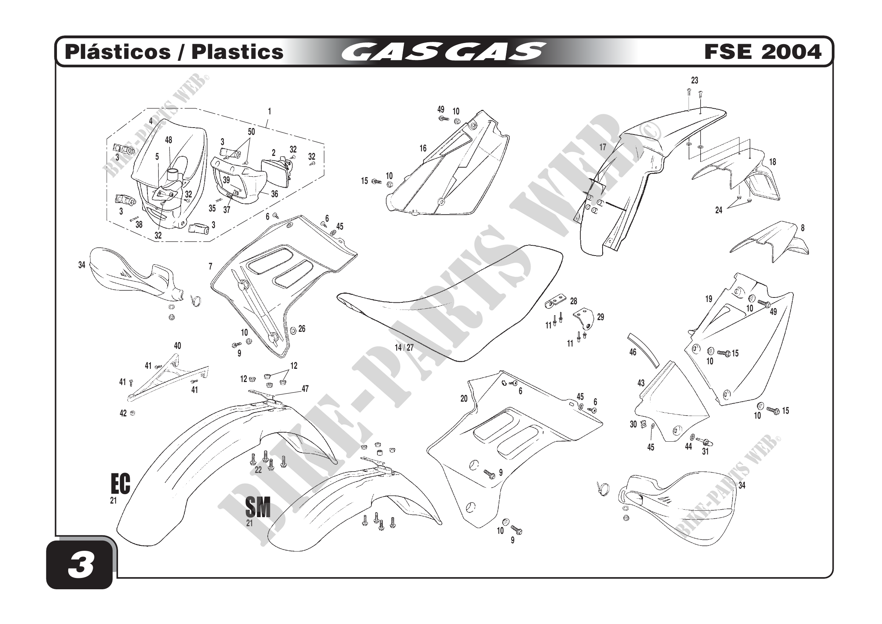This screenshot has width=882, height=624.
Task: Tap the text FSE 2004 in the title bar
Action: click(762, 52)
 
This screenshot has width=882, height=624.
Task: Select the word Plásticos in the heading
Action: click(118, 52)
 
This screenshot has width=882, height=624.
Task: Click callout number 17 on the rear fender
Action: click(603, 147)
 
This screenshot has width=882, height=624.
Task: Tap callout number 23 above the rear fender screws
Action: click(695, 80)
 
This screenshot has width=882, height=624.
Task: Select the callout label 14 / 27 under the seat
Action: click(404, 348)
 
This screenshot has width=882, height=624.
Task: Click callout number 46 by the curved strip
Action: click(633, 352)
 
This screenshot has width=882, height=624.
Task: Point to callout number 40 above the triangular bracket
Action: click(177, 346)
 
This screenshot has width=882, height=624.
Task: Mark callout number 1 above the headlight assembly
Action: click(269, 111)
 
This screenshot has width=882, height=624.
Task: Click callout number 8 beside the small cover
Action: click(802, 228)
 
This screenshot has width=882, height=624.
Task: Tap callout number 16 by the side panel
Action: click(423, 148)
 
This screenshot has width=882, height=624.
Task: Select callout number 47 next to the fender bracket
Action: click(305, 389)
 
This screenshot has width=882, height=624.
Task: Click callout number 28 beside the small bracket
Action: click(574, 301)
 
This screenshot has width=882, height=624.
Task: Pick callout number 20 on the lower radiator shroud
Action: click(464, 399)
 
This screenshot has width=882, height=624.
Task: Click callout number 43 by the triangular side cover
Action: click(641, 383)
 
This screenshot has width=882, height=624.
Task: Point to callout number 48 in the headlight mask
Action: click(169, 140)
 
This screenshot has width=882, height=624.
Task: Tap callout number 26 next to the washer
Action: click(302, 329)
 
